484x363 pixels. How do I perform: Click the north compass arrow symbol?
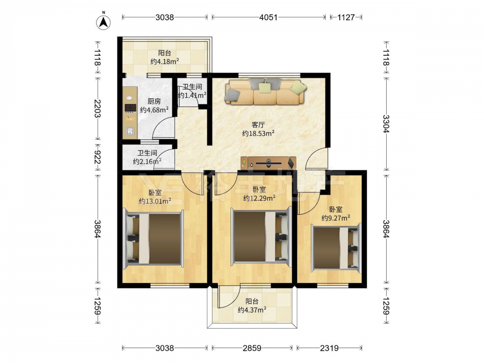point(104,22)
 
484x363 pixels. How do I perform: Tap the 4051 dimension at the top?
point(268,17)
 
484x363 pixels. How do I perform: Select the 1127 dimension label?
point(346,17)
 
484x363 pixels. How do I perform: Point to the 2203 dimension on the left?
point(97,108)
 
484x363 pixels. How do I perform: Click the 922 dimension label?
point(97,157)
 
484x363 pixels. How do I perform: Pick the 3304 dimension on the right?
point(386,124)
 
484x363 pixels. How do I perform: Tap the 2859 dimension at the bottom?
point(252,348)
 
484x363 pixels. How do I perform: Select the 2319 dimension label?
point(329,348)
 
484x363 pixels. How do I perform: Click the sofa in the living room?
point(266,91)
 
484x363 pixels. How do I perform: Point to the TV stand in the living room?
point(269,163)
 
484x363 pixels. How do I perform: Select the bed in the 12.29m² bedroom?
point(261,237)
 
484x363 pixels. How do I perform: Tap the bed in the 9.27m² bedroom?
point(336,248)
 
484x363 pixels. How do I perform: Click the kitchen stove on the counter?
point(130,108)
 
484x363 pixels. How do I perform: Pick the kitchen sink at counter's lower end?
point(130,131)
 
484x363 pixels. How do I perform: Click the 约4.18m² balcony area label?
point(165,61)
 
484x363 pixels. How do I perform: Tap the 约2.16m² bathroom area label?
point(147,161)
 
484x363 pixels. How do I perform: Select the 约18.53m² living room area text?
point(258,134)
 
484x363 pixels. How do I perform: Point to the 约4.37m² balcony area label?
point(252,310)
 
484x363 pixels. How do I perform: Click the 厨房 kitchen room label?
point(154,101)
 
